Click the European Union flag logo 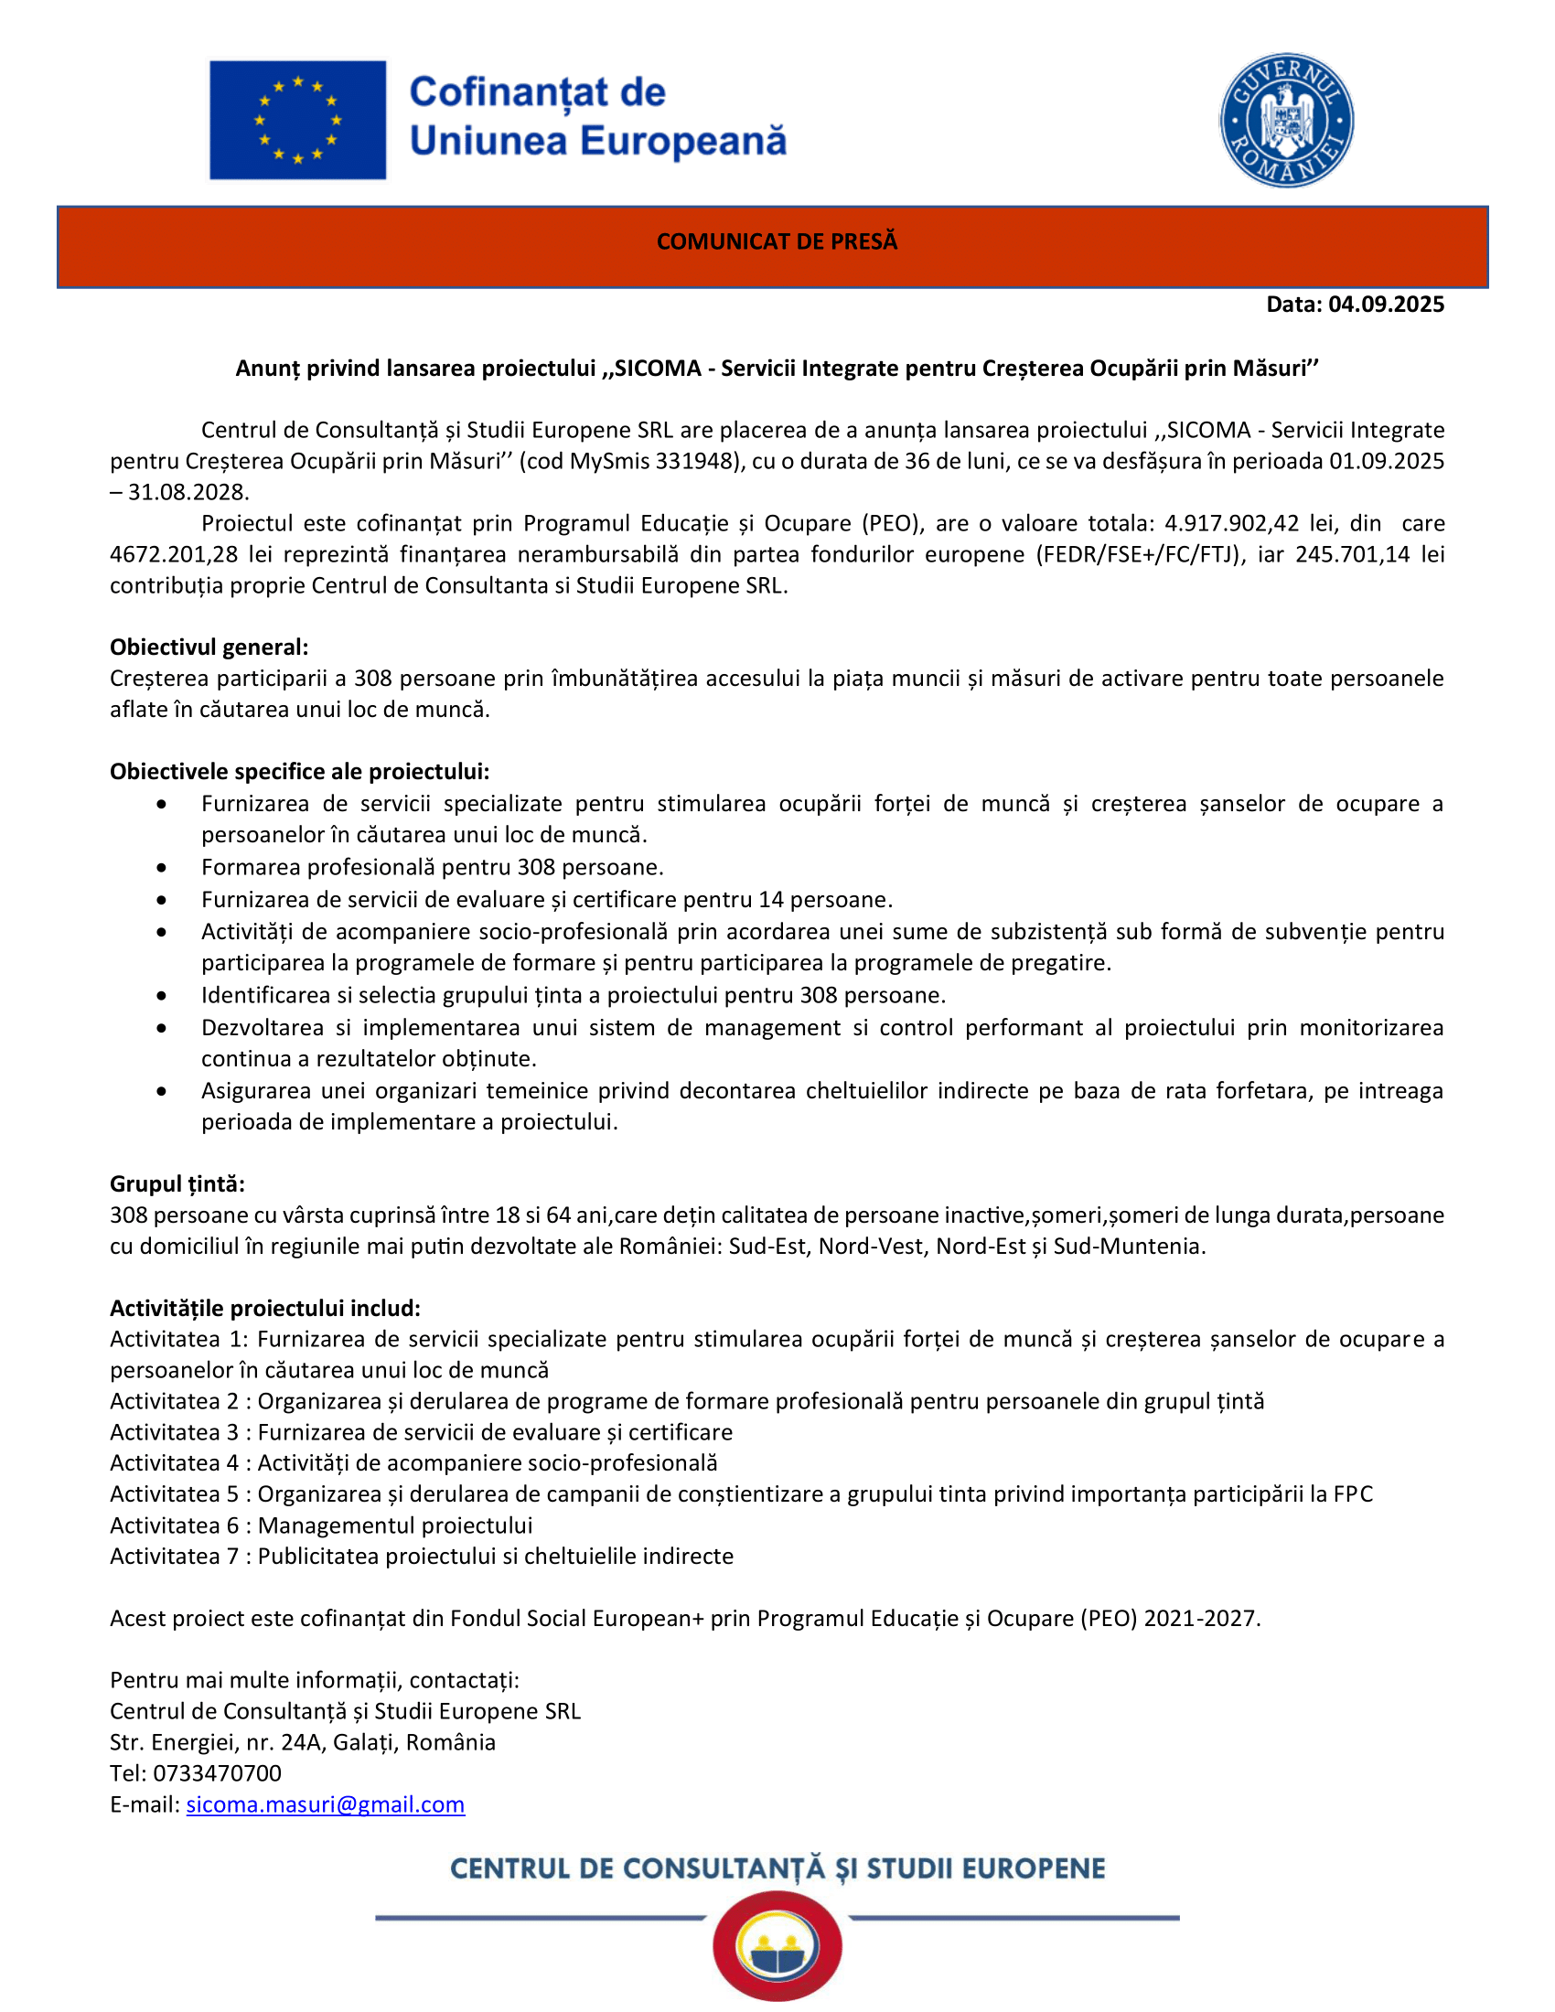click(x=296, y=120)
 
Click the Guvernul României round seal click(x=1286, y=121)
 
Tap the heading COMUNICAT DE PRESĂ click(x=777, y=241)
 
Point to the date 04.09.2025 click(x=1386, y=305)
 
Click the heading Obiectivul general click(x=209, y=647)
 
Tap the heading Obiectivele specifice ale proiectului click(x=299, y=771)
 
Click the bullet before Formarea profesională click(x=162, y=868)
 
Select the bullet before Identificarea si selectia click(x=162, y=996)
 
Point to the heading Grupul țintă click(x=177, y=1183)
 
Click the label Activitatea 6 click(x=174, y=1525)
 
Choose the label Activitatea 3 click(x=174, y=1432)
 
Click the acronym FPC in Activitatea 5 click(x=1352, y=1494)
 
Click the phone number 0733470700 click(x=218, y=1773)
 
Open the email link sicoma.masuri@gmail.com click(x=326, y=1804)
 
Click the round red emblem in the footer click(x=777, y=1944)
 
